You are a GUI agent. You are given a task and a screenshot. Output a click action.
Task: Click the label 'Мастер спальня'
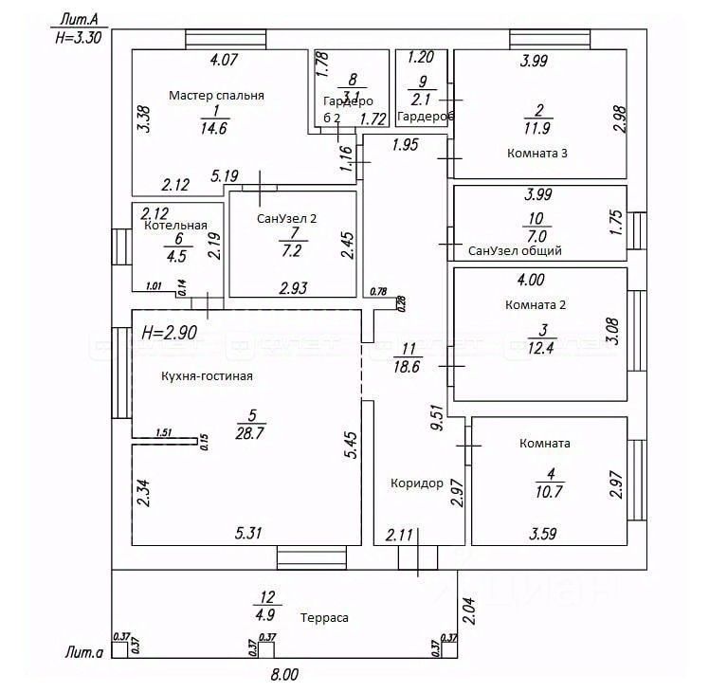216,96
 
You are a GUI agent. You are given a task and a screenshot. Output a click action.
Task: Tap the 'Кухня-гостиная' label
207,376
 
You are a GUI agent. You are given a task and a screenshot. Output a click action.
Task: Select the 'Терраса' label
324,617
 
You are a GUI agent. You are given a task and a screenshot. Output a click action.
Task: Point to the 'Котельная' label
175,226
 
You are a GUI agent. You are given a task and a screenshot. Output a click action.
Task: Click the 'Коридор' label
417,483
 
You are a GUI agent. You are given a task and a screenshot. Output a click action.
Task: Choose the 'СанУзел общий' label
516,251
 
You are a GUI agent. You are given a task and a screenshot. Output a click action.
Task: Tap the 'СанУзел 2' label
287,218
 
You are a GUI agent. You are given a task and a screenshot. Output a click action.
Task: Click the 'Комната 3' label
537,153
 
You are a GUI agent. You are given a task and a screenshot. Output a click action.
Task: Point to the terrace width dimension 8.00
284,675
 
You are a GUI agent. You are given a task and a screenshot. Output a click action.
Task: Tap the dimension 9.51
436,419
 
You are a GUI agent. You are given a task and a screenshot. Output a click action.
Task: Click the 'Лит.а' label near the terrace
83,652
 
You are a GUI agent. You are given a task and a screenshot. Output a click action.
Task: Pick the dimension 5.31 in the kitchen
248,533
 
